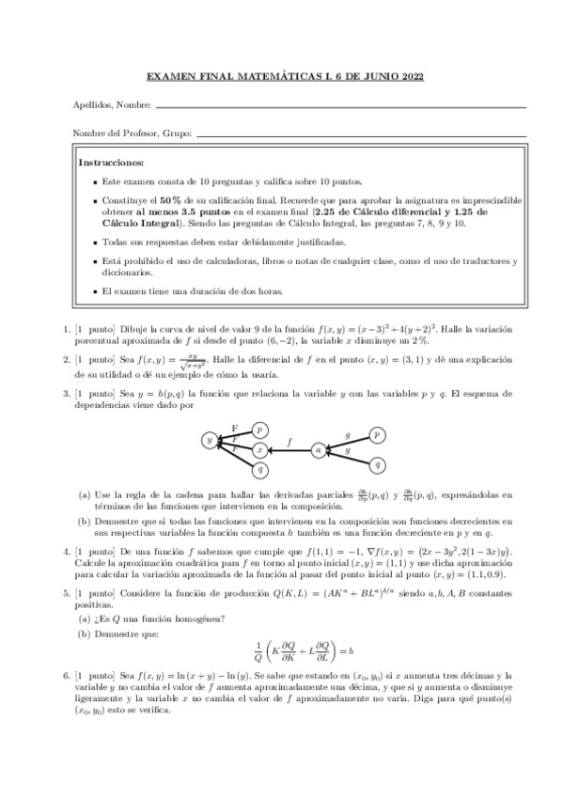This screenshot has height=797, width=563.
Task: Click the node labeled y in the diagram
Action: pos(208,440)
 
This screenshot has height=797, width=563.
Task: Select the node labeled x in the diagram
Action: pos(259,450)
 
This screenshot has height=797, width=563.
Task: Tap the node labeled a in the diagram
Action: pos(319,450)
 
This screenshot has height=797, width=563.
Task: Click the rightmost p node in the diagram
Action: pos(377,434)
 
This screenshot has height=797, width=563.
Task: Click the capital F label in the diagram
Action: pos(234,428)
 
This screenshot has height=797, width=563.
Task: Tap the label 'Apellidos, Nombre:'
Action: pos(106,105)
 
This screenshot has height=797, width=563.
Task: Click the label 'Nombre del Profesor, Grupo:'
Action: pos(132,133)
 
